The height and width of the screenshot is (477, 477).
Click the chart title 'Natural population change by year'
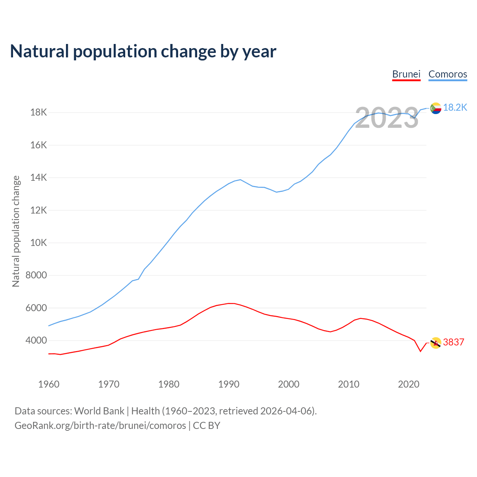coord(143,51)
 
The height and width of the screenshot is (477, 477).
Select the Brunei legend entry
coord(406,74)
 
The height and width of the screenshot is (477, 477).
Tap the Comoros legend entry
coord(448,74)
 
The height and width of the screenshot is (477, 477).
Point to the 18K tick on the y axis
coord(38,112)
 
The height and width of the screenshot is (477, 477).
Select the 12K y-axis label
coord(38,210)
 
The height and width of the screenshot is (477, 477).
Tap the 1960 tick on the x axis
coord(49,384)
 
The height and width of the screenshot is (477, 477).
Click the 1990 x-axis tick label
coord(229,384)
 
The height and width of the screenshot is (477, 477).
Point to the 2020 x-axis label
coord(409,384)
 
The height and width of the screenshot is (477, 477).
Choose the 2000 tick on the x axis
coord(289,384)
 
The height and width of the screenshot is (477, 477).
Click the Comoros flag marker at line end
coord(436,108)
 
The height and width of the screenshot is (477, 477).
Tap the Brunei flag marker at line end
coord(436,343)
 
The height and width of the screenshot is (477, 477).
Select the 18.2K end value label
coord(455,108)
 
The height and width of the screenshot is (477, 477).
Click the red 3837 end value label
coord(454,342)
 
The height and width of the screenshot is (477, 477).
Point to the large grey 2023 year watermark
coord(387,118)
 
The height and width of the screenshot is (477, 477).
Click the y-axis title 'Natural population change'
coord(16,231)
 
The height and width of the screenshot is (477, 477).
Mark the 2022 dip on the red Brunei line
coord(420,351)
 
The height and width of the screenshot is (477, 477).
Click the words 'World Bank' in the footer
coord(99,411)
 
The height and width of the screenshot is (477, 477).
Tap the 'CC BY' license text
coord(206,426)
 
